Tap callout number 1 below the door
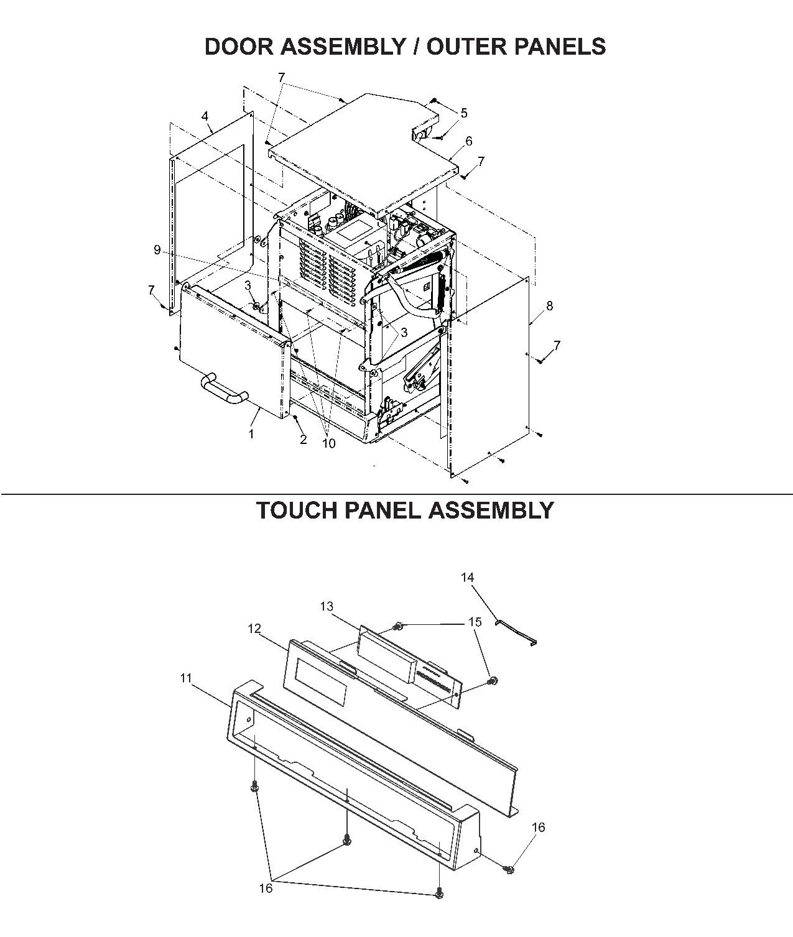pos(251,434)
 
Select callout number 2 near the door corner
pos(304,440)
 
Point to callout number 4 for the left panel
pos(205,116)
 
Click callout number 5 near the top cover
pos(463,113)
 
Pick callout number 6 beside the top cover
pos(468,141)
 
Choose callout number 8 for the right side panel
pos(549,305)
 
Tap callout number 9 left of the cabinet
pos(157,249)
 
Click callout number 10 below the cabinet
pos(328,443)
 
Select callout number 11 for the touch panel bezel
pos(186,678)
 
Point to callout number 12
pos(254,629)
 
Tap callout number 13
pos(327,606)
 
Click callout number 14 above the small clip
pos(467,577)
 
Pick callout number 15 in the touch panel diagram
pos(475,622)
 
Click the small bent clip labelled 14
pos(517,632)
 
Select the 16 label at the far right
pos(538,827)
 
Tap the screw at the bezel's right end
pos(508,869)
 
